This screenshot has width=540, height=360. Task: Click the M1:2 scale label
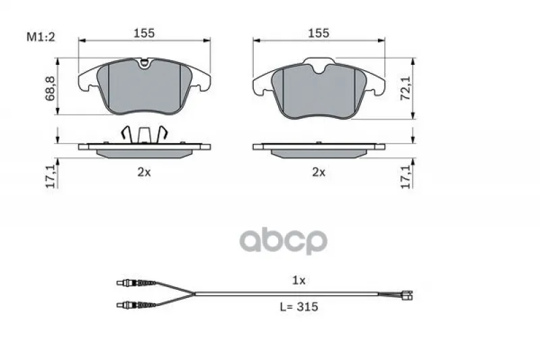(40, 37)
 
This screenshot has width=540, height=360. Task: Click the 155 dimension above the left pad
(144, 33)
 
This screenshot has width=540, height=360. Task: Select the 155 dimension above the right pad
(319, 33)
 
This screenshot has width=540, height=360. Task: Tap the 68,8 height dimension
(50, 88)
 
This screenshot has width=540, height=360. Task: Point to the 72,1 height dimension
(406, 88)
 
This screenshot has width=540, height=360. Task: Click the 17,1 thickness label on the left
(51, 176)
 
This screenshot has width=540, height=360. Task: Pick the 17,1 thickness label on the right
(407, 176)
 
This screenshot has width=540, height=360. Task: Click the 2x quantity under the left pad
(144, 172)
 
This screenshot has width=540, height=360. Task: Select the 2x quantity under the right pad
(319, 172)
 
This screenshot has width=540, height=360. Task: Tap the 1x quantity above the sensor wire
(298, 280)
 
